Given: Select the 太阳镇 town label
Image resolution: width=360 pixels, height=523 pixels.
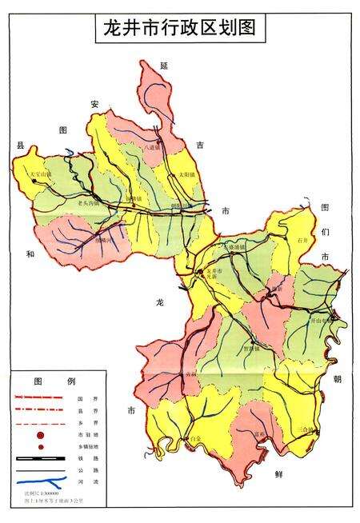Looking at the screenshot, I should pos(186,174).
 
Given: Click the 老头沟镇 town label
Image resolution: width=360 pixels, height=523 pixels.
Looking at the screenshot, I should pos(82,203).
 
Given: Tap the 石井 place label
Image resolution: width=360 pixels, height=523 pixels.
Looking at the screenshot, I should pos(301,239).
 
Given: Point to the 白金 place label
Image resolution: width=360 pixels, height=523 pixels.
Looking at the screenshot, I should pos(196,439).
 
